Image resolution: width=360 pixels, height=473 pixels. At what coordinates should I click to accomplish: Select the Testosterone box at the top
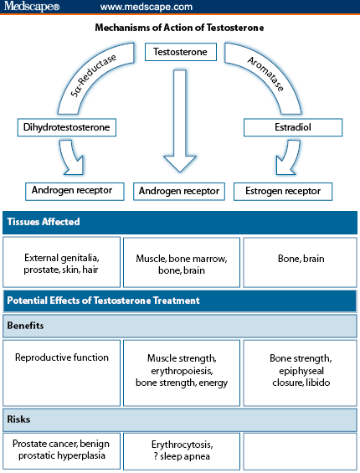point(181,52)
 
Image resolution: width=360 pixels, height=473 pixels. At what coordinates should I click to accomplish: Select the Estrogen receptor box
point(283,191)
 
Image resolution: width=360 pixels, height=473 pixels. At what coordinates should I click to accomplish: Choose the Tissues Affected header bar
point(179,222)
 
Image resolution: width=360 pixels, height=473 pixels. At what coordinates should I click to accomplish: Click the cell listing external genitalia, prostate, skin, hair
point(61,264)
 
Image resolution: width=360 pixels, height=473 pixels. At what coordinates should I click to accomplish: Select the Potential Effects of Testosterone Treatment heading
point(179,300)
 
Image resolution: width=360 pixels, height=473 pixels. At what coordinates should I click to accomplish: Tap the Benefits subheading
point(179,326)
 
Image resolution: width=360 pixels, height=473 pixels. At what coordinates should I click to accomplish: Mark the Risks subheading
point(179,416)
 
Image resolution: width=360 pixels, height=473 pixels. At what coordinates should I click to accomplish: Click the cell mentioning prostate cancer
point(61,450)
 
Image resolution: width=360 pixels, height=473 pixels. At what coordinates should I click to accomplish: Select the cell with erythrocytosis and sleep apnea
point(181,450)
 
